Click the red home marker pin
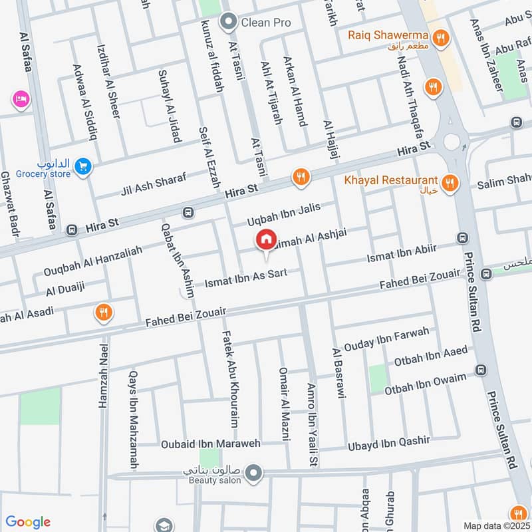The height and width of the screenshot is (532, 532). (x=266, y=240)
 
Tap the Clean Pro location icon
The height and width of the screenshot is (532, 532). (x=230, y=23)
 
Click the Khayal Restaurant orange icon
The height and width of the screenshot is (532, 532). (x=450, y=182)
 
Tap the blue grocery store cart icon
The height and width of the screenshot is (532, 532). (x=82, y=166)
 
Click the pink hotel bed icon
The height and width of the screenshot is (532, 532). (x=19, y=100)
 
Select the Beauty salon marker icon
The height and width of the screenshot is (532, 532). (x=253, y=473)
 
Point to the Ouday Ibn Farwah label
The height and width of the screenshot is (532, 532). (x=386, y=338)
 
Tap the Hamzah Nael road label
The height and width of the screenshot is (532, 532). (x=103, y=375)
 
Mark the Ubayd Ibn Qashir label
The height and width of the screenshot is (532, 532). (x=389, y=442)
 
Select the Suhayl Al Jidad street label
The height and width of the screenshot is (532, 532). (x=169, y=106)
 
